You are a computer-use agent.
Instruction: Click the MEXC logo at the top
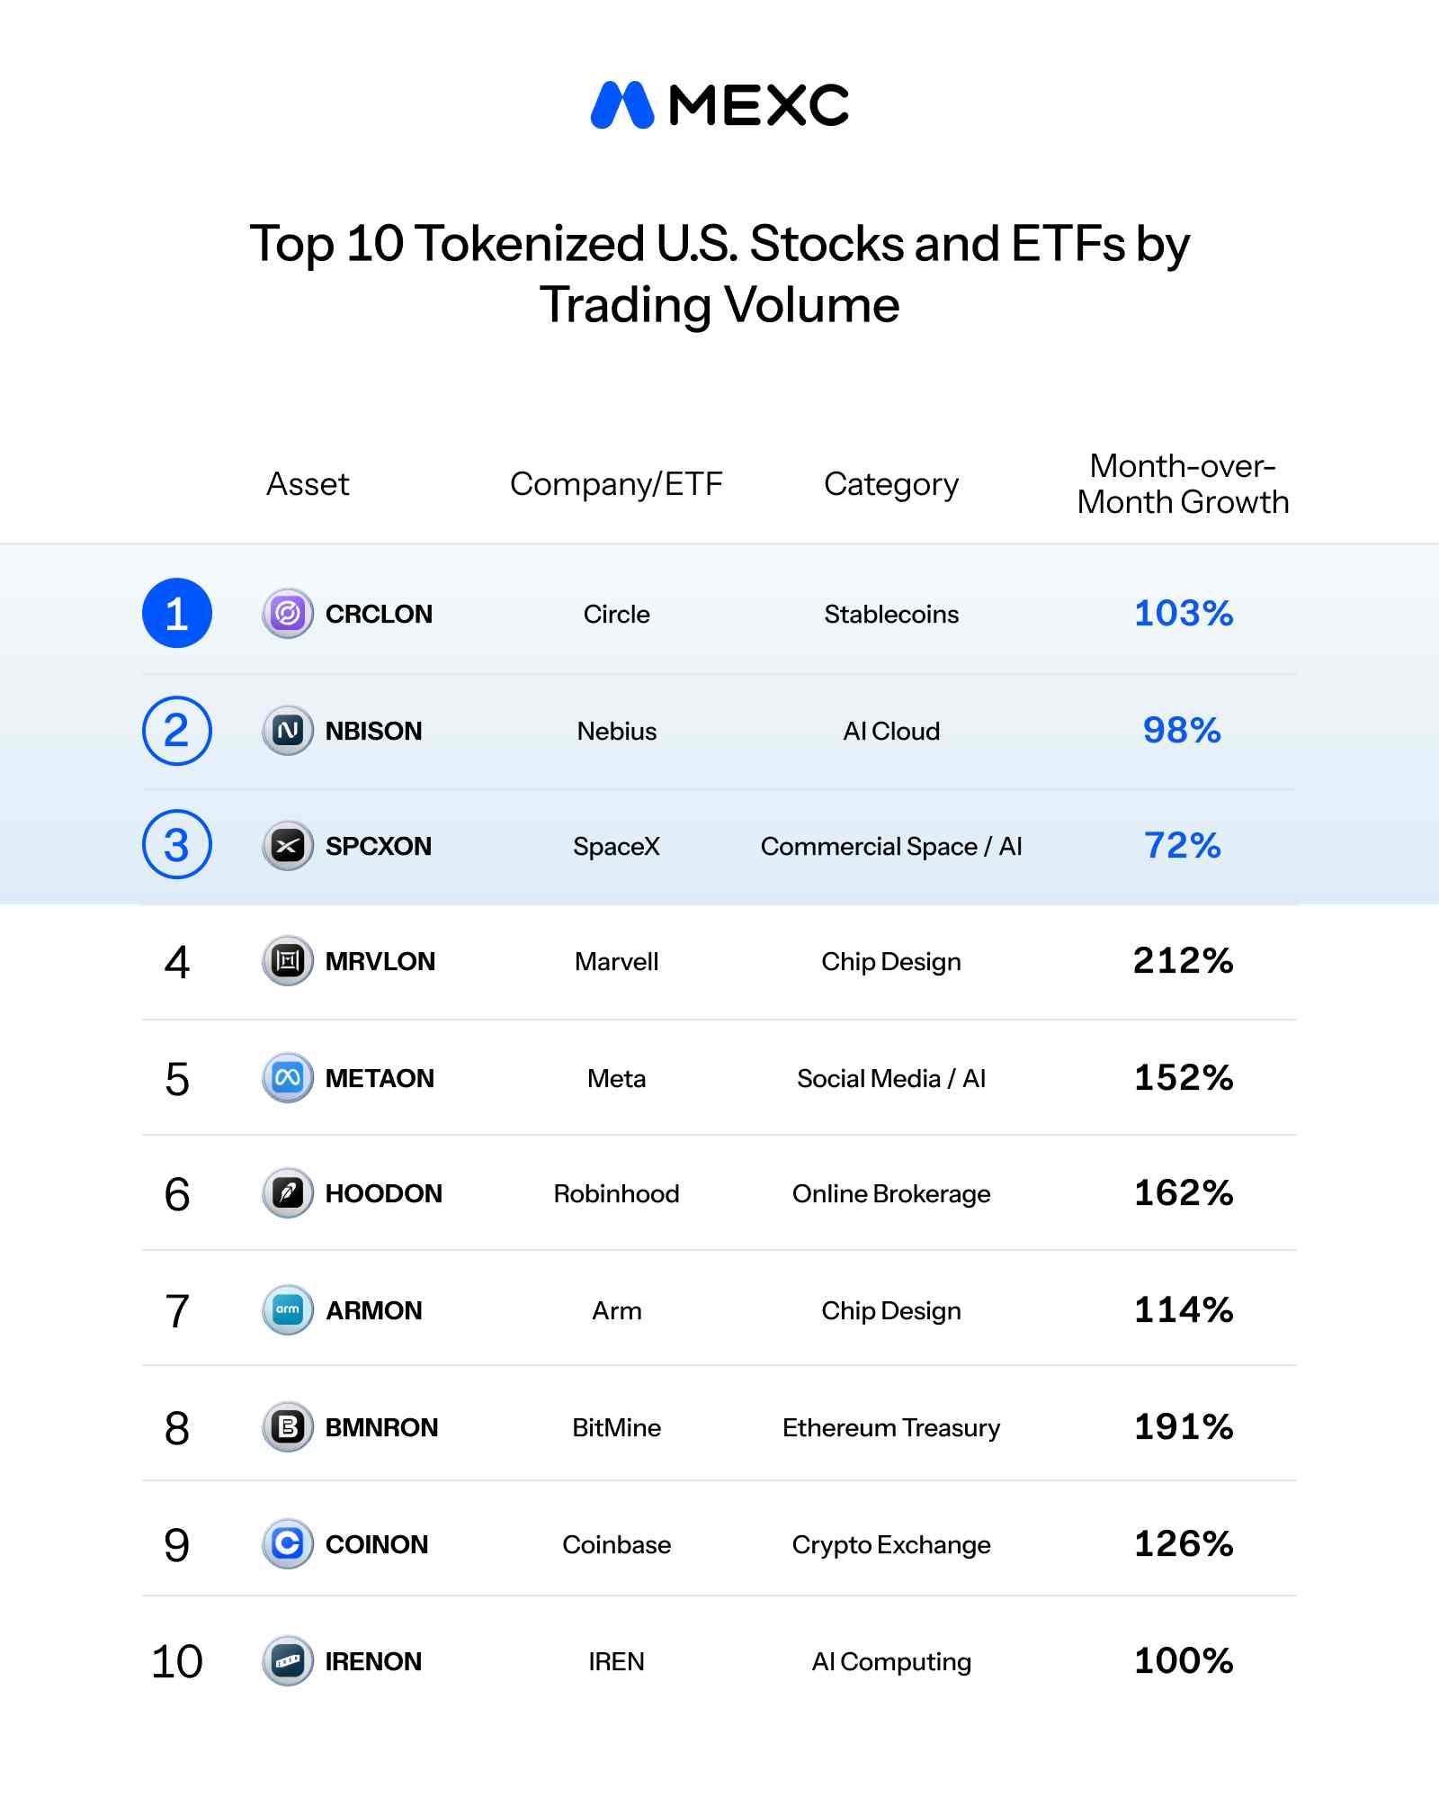click(719, 105)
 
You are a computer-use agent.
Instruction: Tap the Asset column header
click(308, 484)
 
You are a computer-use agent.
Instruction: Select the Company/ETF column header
click(616, 484)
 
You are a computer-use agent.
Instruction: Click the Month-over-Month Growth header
click(1183, 484)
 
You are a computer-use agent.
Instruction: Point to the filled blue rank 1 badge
click(177, 613)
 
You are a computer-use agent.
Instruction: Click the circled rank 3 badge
click(177, 845)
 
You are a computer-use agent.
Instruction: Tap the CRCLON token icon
click(288, 614)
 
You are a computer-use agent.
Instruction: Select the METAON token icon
click(288, 1077)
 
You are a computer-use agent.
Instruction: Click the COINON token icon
click(288, 1544)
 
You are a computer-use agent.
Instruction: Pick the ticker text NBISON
click(373, 731)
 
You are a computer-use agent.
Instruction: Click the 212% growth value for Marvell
click(1183, 961)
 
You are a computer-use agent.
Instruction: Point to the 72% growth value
click(1183, 845)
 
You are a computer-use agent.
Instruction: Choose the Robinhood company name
click(616, 1193)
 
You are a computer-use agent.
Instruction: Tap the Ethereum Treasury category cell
click(891, 1427)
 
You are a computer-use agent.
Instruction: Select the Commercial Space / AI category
click(891, 846)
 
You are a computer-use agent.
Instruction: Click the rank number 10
click(177, 1661)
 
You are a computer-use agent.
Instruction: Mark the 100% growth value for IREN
click(1183, 1660)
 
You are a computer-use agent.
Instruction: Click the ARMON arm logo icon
click(288, 1309)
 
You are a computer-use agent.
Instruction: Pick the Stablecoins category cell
click(891, 614)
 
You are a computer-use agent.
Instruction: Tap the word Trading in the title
click(626, 306)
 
